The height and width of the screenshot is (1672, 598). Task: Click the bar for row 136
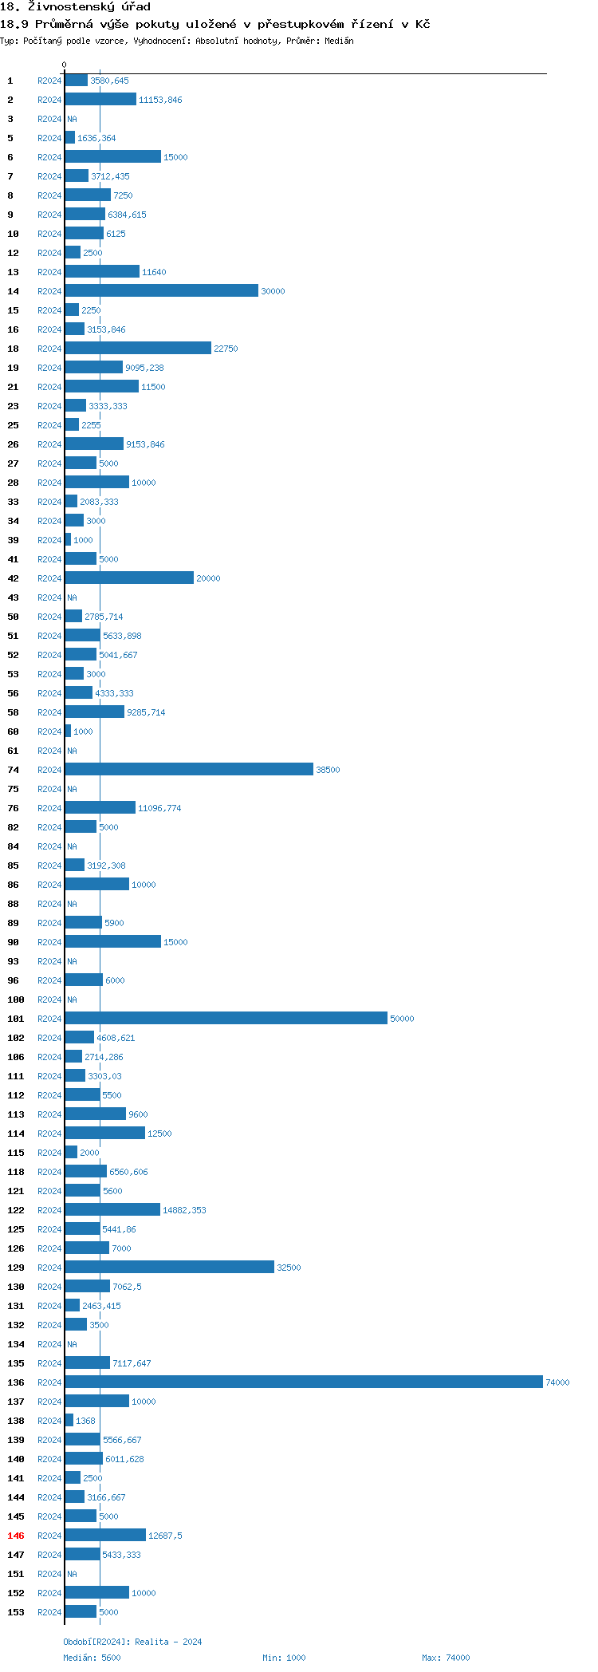point(304,1382)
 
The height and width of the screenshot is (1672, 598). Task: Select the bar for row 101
point(226,1019)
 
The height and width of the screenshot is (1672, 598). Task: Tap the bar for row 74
point(189,770)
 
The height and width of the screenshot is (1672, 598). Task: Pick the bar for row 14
point(162,291)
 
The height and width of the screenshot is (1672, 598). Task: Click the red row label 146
point(16,1536)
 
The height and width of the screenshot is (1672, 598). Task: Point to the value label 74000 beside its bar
point(557,1382)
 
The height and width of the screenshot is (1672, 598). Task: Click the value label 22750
point(226,349)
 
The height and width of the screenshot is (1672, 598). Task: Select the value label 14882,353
point(184,1210)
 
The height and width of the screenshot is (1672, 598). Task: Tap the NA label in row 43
point(72,597)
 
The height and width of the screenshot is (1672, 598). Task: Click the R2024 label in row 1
point(49,81)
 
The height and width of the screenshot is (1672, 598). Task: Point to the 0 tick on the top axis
point(65,65)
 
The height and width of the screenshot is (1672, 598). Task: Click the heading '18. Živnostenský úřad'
point(75,7)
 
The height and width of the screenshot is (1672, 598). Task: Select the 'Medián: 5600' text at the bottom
point(92,1658)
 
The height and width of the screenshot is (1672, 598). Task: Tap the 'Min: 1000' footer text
point(284,1658)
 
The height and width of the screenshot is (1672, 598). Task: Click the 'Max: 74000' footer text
point(446,1658)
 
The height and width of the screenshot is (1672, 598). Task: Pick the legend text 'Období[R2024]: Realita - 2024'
point(132,1642)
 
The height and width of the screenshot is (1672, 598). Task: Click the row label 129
point(16,1268)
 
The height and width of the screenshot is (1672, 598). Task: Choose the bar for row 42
point(129,578)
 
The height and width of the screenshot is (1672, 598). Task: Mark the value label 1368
point(85,1421)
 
